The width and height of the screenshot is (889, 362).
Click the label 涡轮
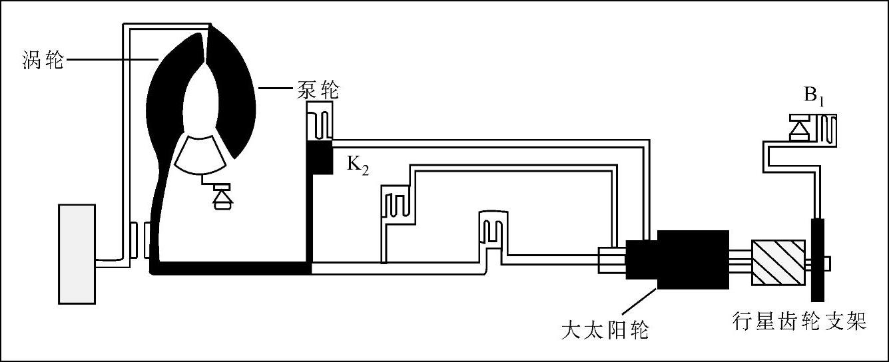41,61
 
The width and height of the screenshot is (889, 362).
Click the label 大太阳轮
605,329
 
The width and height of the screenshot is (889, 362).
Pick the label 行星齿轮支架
798,322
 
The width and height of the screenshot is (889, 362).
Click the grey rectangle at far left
78,254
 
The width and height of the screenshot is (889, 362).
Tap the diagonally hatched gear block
778,263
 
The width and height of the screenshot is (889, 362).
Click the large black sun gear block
693,260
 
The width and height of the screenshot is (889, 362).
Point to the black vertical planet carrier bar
817,260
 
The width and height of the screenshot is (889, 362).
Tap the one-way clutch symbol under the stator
218,197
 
